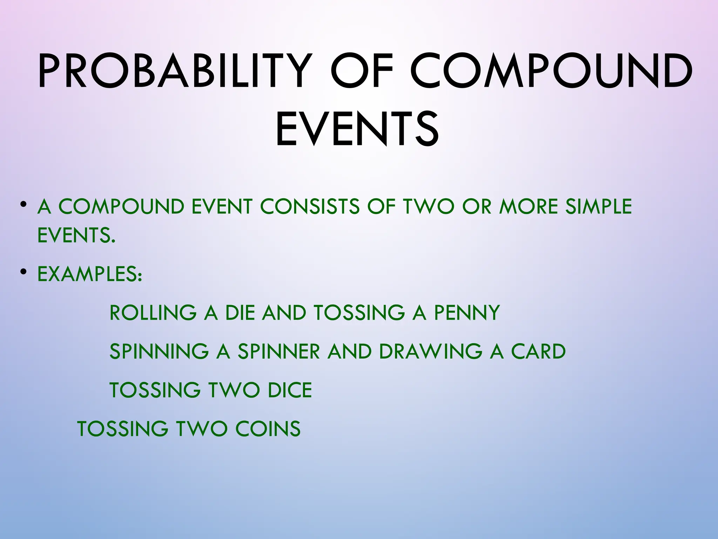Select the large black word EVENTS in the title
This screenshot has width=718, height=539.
(357, 129)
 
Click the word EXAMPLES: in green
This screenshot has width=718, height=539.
(90, 274)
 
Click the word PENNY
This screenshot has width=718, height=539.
(467, 313)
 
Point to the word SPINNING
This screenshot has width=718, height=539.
(159, 351)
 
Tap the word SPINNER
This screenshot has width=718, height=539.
(279, 351)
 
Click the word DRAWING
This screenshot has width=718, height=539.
(431, 351)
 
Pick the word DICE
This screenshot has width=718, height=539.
(290, 390)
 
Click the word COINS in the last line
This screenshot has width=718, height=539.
(268, 428)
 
